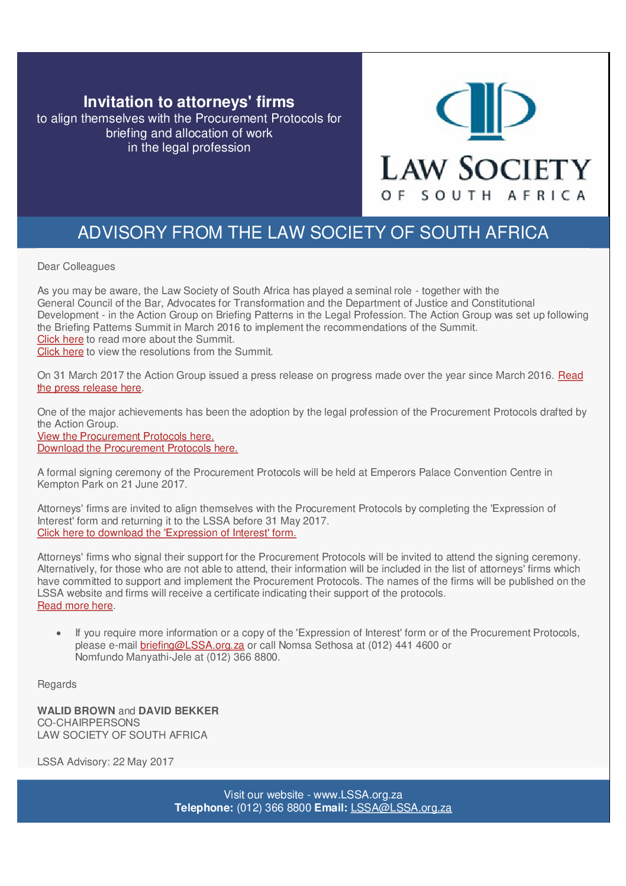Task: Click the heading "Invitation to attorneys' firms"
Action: pos(189,102)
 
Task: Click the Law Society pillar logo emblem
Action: pos(485,111)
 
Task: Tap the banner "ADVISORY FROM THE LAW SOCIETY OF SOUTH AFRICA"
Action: pos(313,233)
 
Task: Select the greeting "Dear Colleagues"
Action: pos(76,266)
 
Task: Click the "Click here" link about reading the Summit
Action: pos(60,339)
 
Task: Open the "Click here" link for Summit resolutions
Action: pos(60,352)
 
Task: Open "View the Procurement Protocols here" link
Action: pos(125,436)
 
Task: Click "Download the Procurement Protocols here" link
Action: pos(137,448)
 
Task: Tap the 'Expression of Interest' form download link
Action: pos(166,533)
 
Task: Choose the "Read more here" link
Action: pos(75,605)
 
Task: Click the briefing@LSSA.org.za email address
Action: pos(192,645)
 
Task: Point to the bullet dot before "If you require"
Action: pos(59,633)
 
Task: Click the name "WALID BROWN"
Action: pos(76,710)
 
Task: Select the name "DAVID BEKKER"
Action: pos(179,710)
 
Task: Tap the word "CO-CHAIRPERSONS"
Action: pos(89,723)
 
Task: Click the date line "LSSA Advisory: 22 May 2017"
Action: pos(105,762)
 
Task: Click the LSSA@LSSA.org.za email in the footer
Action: pos(401,808)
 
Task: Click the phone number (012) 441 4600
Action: pos(404,645)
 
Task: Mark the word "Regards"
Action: pos(57,684)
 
